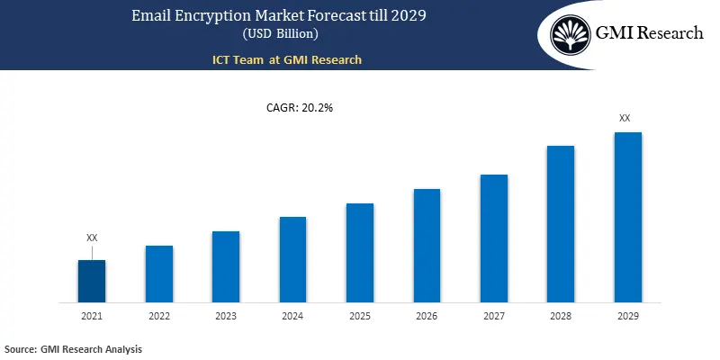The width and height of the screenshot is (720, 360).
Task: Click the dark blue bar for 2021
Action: pos(92,281)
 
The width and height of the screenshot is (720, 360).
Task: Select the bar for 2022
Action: pos(159,274)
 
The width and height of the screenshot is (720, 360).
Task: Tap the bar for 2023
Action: pos(226,266)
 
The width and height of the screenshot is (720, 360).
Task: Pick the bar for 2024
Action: pos(292,259)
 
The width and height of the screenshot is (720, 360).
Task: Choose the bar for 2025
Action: pos(360,252)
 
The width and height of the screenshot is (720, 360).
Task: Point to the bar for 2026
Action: pos(427,245)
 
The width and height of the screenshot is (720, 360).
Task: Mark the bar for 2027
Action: pos(494,238)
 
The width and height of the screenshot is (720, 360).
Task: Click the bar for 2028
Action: pos(561,223)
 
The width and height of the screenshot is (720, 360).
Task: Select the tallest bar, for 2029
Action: pos(627,217)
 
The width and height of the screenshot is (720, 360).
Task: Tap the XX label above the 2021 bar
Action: pos(92,238)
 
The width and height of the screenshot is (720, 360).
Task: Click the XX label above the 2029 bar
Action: pos(625,118)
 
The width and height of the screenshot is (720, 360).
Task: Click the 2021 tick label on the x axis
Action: pos(92,316)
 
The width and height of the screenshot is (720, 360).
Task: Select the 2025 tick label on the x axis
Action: pos(360,316)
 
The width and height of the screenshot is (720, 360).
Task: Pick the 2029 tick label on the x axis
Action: pos(627,316)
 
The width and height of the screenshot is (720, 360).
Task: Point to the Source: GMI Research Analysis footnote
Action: pos(73,348)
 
